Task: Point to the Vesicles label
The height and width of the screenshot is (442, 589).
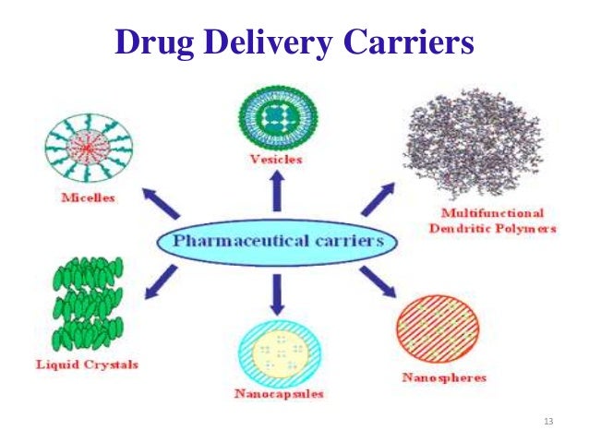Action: click(275, 159)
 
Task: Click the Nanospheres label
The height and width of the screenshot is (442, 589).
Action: click(444, 378)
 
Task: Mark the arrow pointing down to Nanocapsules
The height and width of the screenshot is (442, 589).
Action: click(275, 295)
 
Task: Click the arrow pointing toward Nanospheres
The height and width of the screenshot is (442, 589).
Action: click(379, 281)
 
